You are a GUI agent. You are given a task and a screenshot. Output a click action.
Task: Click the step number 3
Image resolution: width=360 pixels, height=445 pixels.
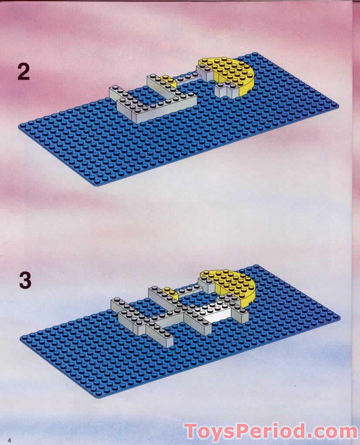(x=25, y=280)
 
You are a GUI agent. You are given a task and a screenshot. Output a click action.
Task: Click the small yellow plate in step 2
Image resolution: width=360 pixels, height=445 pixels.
(x=166, y=79)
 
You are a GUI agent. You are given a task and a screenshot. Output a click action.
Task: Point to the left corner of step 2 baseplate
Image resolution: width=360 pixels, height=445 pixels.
(x=20, y=127)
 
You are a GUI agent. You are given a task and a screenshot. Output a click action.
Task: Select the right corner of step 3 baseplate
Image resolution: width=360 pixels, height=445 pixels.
(x=339, y=317)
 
